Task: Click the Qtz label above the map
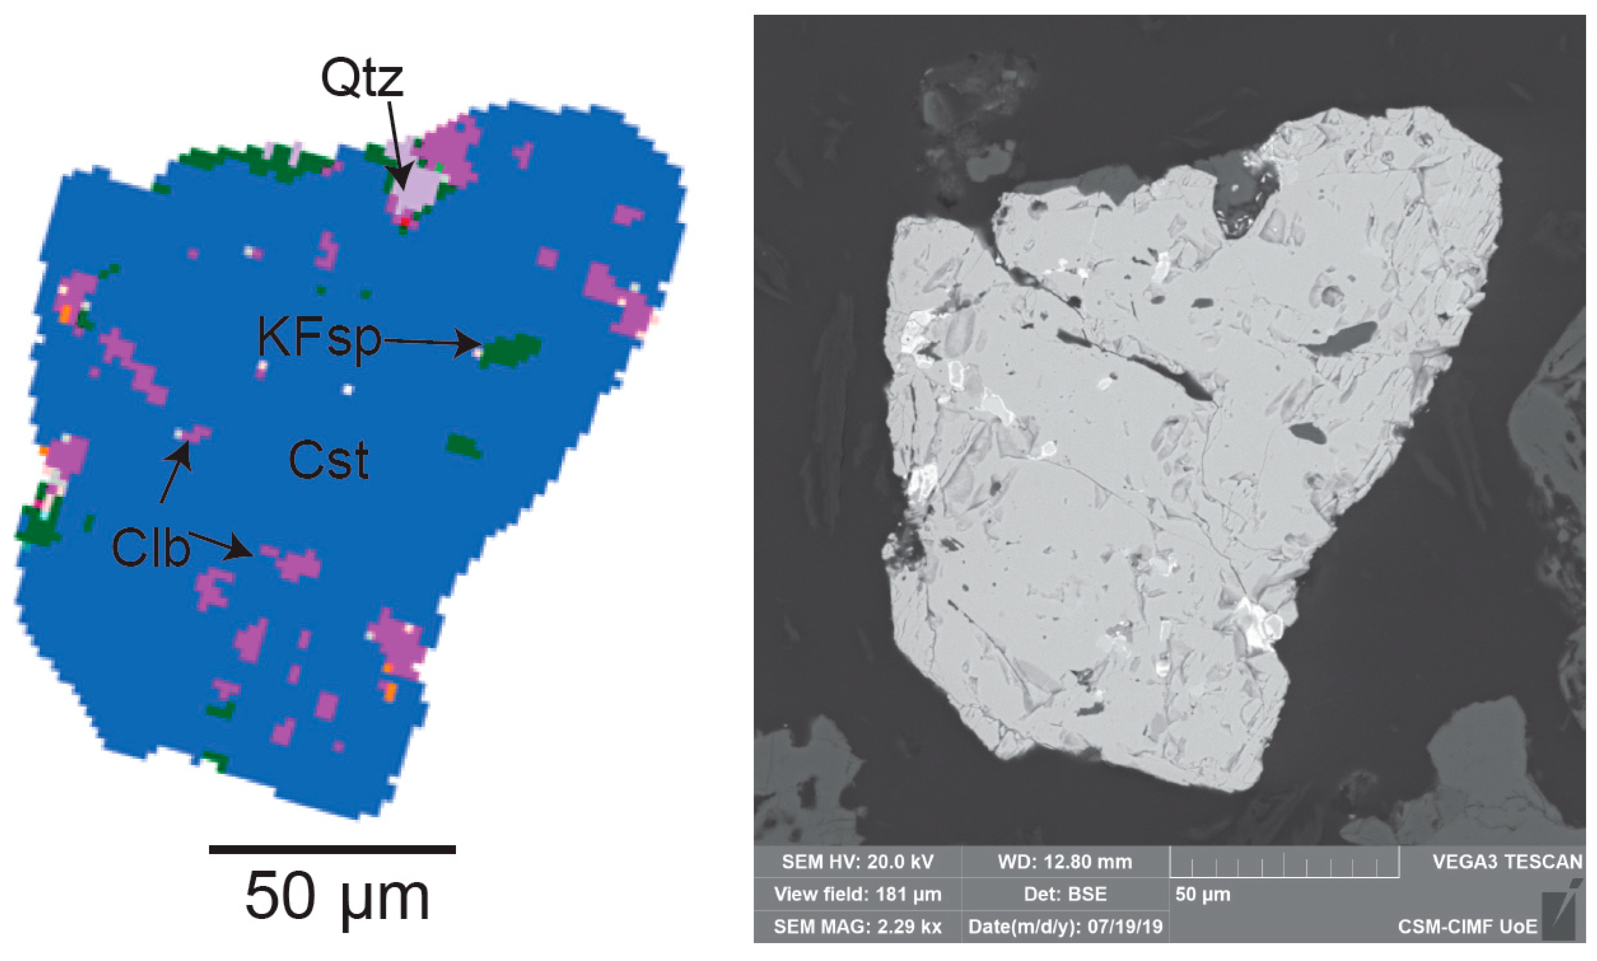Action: click(x=361, y=79)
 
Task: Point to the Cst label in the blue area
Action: click(x=328, y=461)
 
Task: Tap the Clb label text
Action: click(x=150, y=548)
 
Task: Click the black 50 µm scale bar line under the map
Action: click(x=332, y=849)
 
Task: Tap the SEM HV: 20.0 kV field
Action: click(x=857, y=862)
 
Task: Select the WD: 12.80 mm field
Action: click(x=1065, y=862)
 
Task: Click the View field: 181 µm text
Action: click(x=857, y=894)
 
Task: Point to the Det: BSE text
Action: click(x=1065, y=894)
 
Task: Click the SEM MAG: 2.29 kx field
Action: click(x=857, y=927)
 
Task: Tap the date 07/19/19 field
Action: click(x=1065, y=927)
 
